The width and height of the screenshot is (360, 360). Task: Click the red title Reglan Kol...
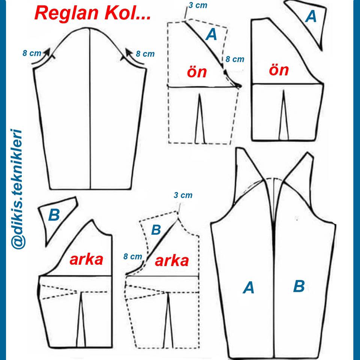93,13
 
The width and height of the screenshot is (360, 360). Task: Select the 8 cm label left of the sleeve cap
32,53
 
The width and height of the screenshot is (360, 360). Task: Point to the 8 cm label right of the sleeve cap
145,54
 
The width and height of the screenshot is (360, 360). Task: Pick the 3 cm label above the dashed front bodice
198,5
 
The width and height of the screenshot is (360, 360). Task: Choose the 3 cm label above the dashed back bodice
183,195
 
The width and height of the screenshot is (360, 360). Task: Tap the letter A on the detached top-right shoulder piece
311,16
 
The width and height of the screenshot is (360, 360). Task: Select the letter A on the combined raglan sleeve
248,288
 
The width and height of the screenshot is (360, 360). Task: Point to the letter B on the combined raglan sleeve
299,286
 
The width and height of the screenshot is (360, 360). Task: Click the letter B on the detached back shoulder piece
54,215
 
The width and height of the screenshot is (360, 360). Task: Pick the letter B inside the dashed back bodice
156,229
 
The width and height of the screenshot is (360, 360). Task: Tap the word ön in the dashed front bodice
197,72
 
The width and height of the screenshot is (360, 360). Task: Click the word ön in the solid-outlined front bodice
279,70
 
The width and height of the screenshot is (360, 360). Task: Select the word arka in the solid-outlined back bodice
86,259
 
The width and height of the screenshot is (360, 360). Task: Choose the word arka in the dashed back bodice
172,261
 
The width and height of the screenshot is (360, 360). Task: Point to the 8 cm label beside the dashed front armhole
235,59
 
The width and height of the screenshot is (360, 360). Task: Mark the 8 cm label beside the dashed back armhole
133,256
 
